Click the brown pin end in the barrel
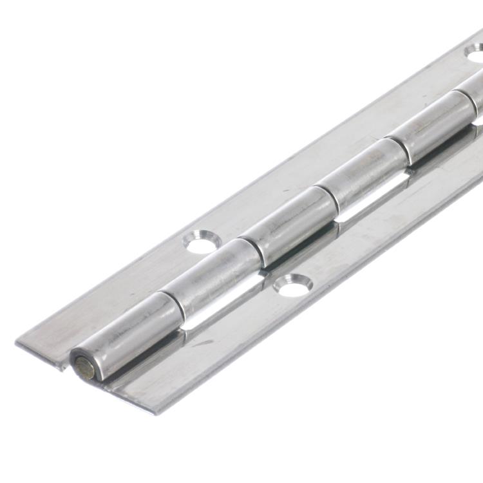click(84, 367)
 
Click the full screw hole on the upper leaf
click(202, 242)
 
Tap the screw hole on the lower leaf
click(293, 285)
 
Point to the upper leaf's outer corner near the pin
click(18, 341)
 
